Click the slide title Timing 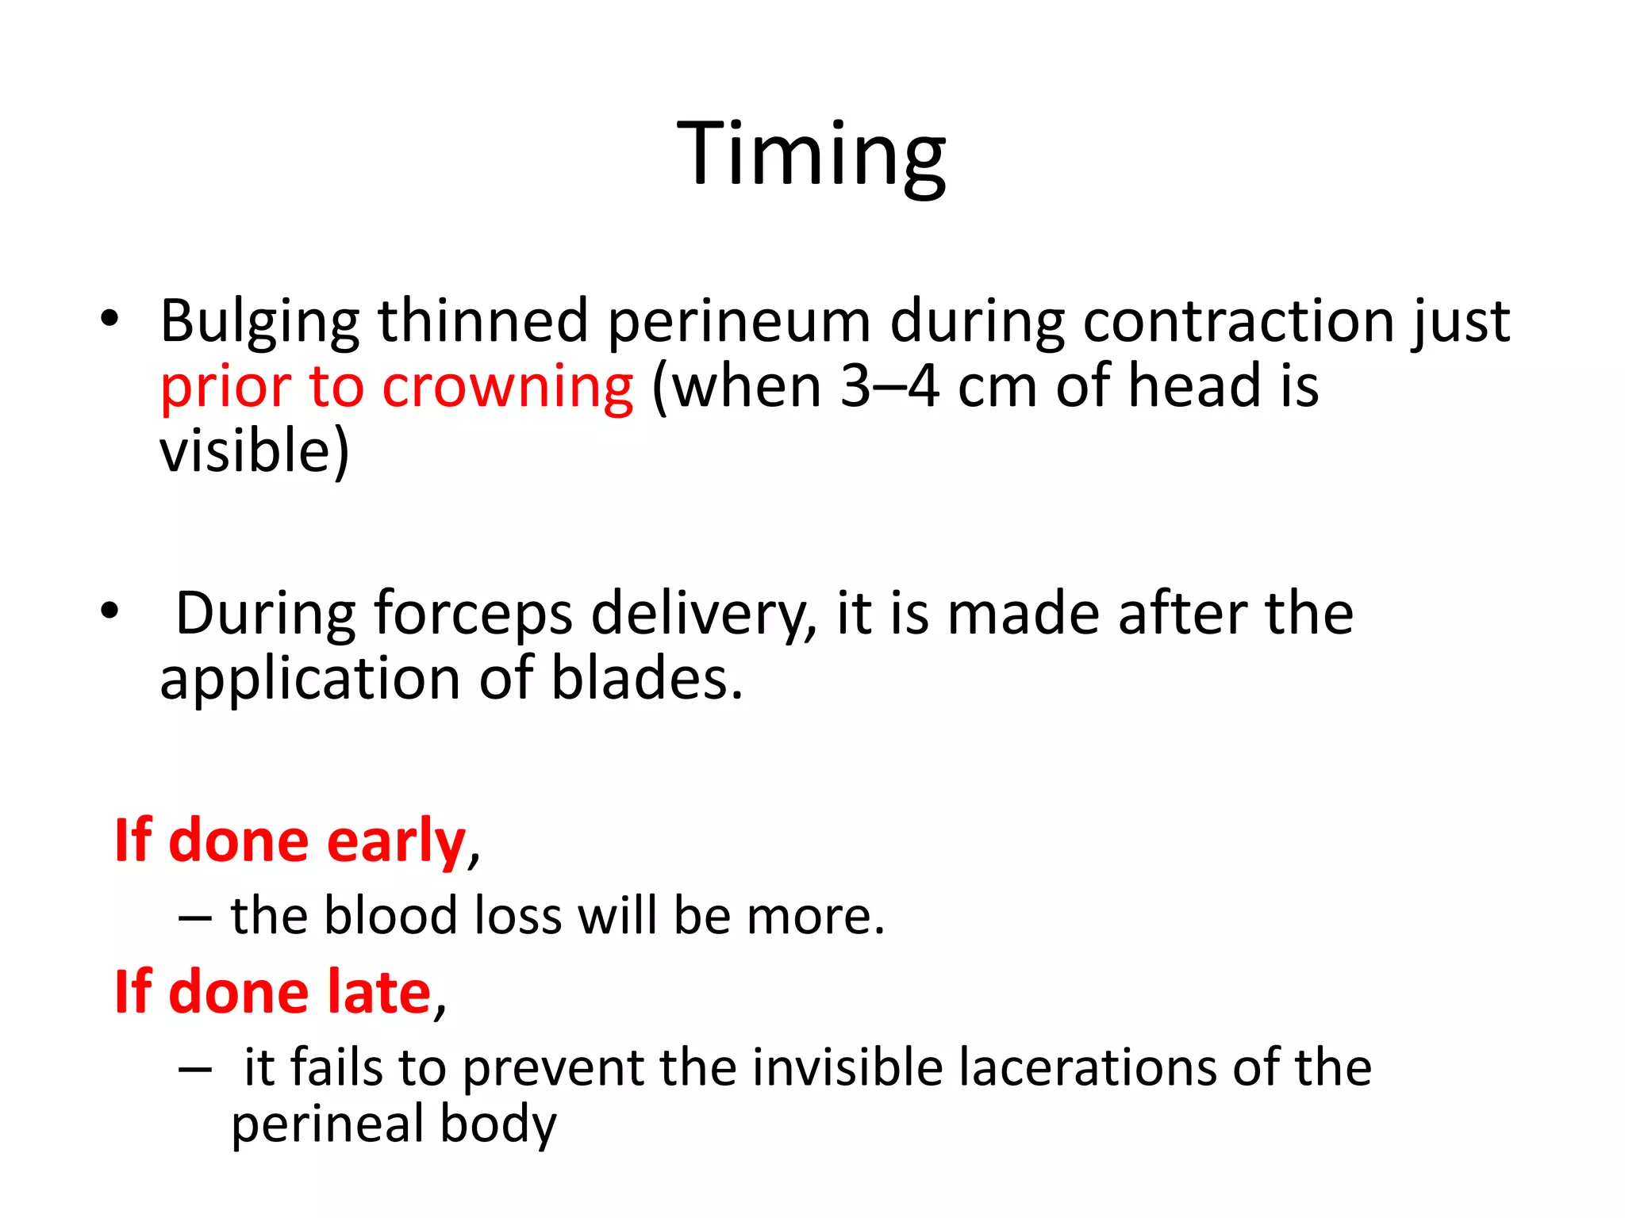point(811,154)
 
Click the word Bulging point(259,322)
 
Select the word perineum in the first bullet point(739,322)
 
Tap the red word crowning point(507,387)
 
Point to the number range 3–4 point(889,387)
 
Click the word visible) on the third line point(254,451)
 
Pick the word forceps point(472,615)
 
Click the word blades point(646,680)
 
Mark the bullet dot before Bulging point(109,319)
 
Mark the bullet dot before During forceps point(109,611)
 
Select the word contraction point(1238,322)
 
